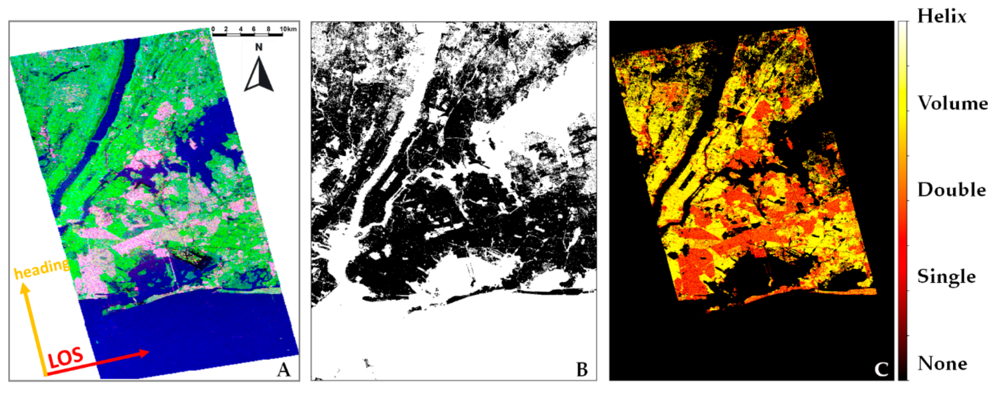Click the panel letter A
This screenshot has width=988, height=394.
(x=284, y=369)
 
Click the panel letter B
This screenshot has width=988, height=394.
(x=582, y=369)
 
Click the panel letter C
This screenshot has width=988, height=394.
(x=881, y=369)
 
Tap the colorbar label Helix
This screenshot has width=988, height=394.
(x=942, y=17)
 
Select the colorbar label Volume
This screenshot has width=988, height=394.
(x=952, y=103)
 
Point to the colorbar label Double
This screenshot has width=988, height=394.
(x=951, y=190)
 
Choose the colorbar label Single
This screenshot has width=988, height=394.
(x=946, y=276)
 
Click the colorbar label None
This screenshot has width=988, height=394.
(x=942, y=363)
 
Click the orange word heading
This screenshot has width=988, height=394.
(x=42, y=269)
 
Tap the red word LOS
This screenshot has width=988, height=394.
(x=66, y=358)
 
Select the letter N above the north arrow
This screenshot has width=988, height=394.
(x=259, y=47)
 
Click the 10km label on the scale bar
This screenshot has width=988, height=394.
(x=288, y=29)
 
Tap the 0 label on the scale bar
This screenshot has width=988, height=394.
(x=213, y=29)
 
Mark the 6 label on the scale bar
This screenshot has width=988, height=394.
(x=254, y=29)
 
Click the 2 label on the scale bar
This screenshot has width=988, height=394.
(x=226, y=29)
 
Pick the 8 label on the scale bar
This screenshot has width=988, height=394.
(x=269, y=29)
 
